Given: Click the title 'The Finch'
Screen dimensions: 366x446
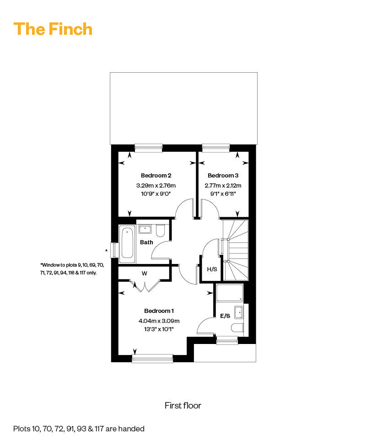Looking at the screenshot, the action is [x=53, y=29].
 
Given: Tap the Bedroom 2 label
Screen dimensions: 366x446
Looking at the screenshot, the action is [x=156, y=176].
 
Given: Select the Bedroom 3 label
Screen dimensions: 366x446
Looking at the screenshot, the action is [x=223, y=176].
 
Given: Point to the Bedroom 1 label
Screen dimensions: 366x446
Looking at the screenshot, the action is [x=159, y=311].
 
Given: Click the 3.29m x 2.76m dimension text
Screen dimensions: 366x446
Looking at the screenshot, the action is [x=156, y=185].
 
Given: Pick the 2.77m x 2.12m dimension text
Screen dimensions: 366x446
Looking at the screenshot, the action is [x=223, y=185].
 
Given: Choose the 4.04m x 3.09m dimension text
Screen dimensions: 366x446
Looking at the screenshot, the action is [x=159, y=321].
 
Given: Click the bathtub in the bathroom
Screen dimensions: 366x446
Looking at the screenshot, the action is [x=127, y=244].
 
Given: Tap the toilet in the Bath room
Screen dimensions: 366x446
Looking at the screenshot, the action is [x=161, y=231].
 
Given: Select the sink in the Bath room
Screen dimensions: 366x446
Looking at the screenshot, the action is [x=145, y=229].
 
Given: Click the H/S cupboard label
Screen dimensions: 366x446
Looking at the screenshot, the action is [x=212, y=269].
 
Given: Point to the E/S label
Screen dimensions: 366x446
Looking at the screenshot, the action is [x=225, y=316].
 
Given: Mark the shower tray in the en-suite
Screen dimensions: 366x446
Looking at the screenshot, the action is [x=230, y=293].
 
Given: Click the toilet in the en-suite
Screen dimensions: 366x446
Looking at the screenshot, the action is [x=237, y=328].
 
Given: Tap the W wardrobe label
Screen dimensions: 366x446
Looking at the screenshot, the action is [x=145, y=274].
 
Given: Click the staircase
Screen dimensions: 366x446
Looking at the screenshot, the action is [x=235, y=250].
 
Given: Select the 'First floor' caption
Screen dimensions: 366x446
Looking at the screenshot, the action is [x=183, y=405].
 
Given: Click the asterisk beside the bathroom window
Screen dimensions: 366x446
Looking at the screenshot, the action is [x=106, y=251].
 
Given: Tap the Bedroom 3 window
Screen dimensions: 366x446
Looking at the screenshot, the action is [x=216, y=148].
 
